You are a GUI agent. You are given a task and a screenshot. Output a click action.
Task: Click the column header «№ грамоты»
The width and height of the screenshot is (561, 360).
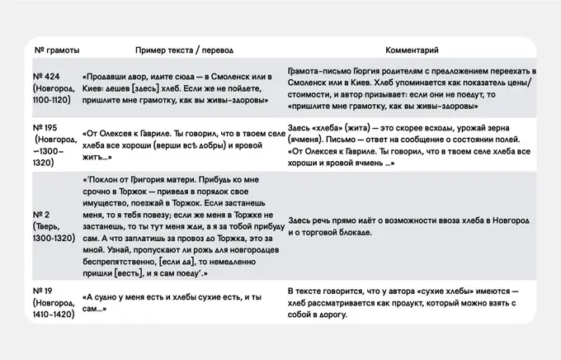point(56,51)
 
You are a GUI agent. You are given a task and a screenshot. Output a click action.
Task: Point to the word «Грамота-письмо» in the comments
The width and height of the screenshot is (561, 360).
point(317,73)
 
